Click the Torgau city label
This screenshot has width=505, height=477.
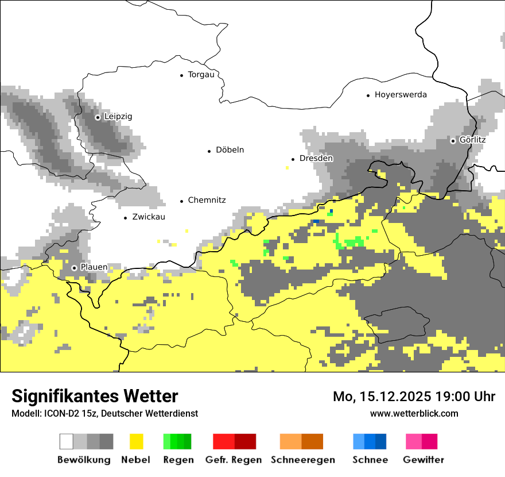[201, 75]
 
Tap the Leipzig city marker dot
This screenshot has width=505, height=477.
[98, 117]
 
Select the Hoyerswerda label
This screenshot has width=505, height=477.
[401, 95]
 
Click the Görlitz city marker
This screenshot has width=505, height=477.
[453, 140]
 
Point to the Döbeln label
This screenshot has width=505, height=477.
[230, 150]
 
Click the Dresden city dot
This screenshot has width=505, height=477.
[293, 159]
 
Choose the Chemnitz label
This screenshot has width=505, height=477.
[207, 201]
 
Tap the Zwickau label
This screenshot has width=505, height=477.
[148, 217]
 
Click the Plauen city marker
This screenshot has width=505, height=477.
[74, 268]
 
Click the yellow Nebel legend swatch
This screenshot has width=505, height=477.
[137, 441]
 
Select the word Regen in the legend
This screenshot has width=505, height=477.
[178, 460]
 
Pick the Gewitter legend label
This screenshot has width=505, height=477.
[424, 460]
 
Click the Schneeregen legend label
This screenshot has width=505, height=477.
[302, 460]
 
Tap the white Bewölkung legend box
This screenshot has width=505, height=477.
[67, 441]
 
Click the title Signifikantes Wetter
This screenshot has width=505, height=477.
[95, 396]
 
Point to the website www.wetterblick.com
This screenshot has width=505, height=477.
[414, 413]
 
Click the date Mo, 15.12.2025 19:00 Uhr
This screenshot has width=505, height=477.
[414, 397]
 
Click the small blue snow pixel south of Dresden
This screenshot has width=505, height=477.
[315, 221]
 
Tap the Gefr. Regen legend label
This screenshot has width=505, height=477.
[233, 460]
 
